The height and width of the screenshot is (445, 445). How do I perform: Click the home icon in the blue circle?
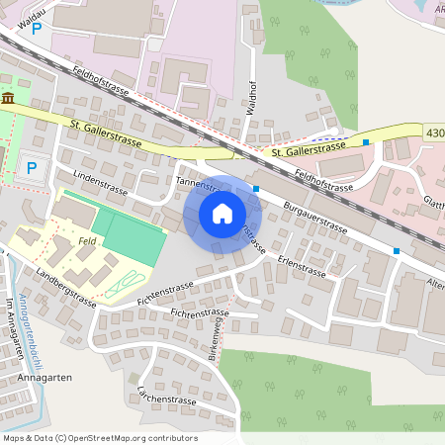click(222, 214)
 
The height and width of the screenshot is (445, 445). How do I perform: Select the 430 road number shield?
click(434, 132)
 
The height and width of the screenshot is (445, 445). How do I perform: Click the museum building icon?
click(8, 99)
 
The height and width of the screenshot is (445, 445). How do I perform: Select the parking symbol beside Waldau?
click(37, 30)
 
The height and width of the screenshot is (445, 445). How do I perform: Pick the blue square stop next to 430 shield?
click(366, 142)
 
